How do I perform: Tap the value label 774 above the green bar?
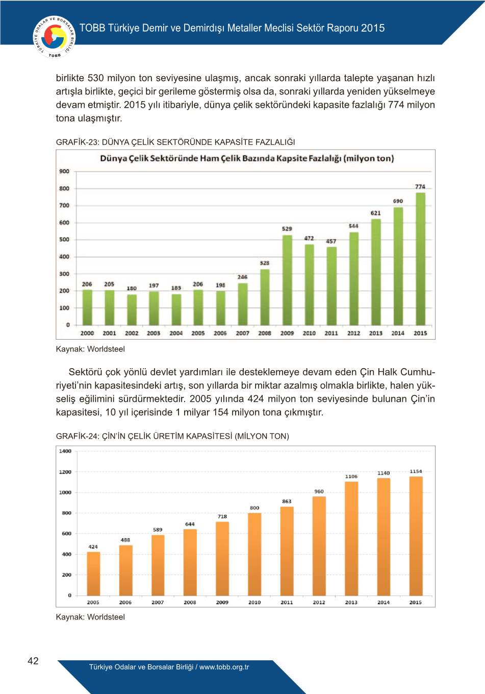[420, 187]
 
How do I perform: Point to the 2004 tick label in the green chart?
[176, 333]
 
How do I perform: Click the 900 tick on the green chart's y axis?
[64, 172]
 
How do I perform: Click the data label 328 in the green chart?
[265, 264]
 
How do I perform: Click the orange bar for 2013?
[351, 538]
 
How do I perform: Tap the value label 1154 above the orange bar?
[416, 471]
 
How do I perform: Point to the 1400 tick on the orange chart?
[65, 451]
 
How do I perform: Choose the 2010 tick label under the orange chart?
[254, 603]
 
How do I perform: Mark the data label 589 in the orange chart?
[158, 530]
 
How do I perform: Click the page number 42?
[33, 661]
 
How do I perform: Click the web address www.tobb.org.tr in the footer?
[224, 667]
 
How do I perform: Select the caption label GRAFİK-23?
[77, 142]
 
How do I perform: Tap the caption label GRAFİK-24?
[77, 436]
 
